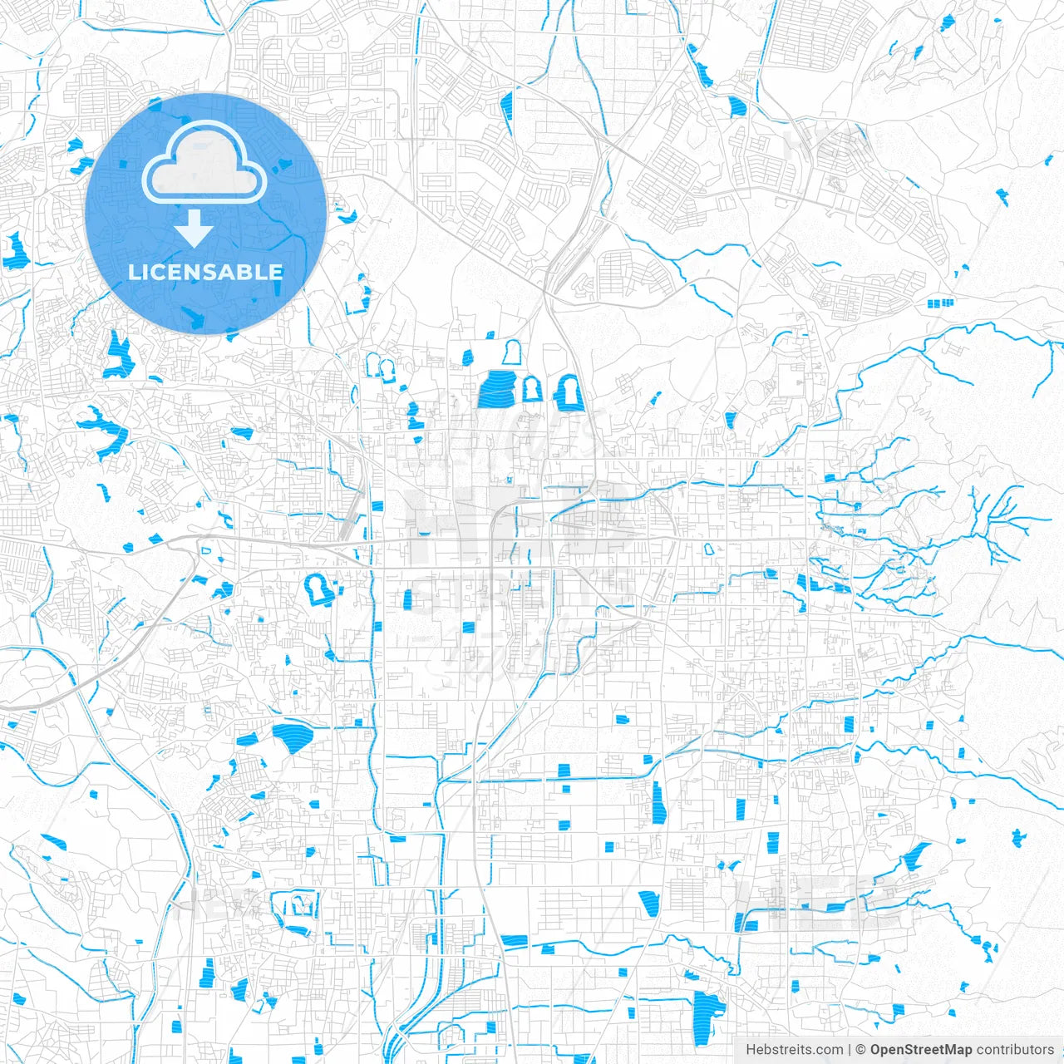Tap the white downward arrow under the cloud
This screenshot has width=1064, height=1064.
[195, 229]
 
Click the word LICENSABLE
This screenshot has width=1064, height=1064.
[205, 272]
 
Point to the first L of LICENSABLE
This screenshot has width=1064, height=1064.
[133, 272]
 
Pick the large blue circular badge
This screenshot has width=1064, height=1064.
[205, 214]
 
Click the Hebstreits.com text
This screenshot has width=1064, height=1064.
[794, 1050]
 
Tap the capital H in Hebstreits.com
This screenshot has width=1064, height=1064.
[751, 1050]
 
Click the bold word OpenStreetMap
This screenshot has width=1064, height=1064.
[921, 1050]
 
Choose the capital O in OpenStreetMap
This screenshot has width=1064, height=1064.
[876, 1050]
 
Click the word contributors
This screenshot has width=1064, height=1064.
[1015, 1050]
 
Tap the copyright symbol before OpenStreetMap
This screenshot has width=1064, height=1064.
[861, 1050]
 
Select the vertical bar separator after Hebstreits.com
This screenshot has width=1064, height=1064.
[850, 1050]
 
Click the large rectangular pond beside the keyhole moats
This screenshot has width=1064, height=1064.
[497, 389]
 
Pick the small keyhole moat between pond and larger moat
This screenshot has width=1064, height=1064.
[530, 389]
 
